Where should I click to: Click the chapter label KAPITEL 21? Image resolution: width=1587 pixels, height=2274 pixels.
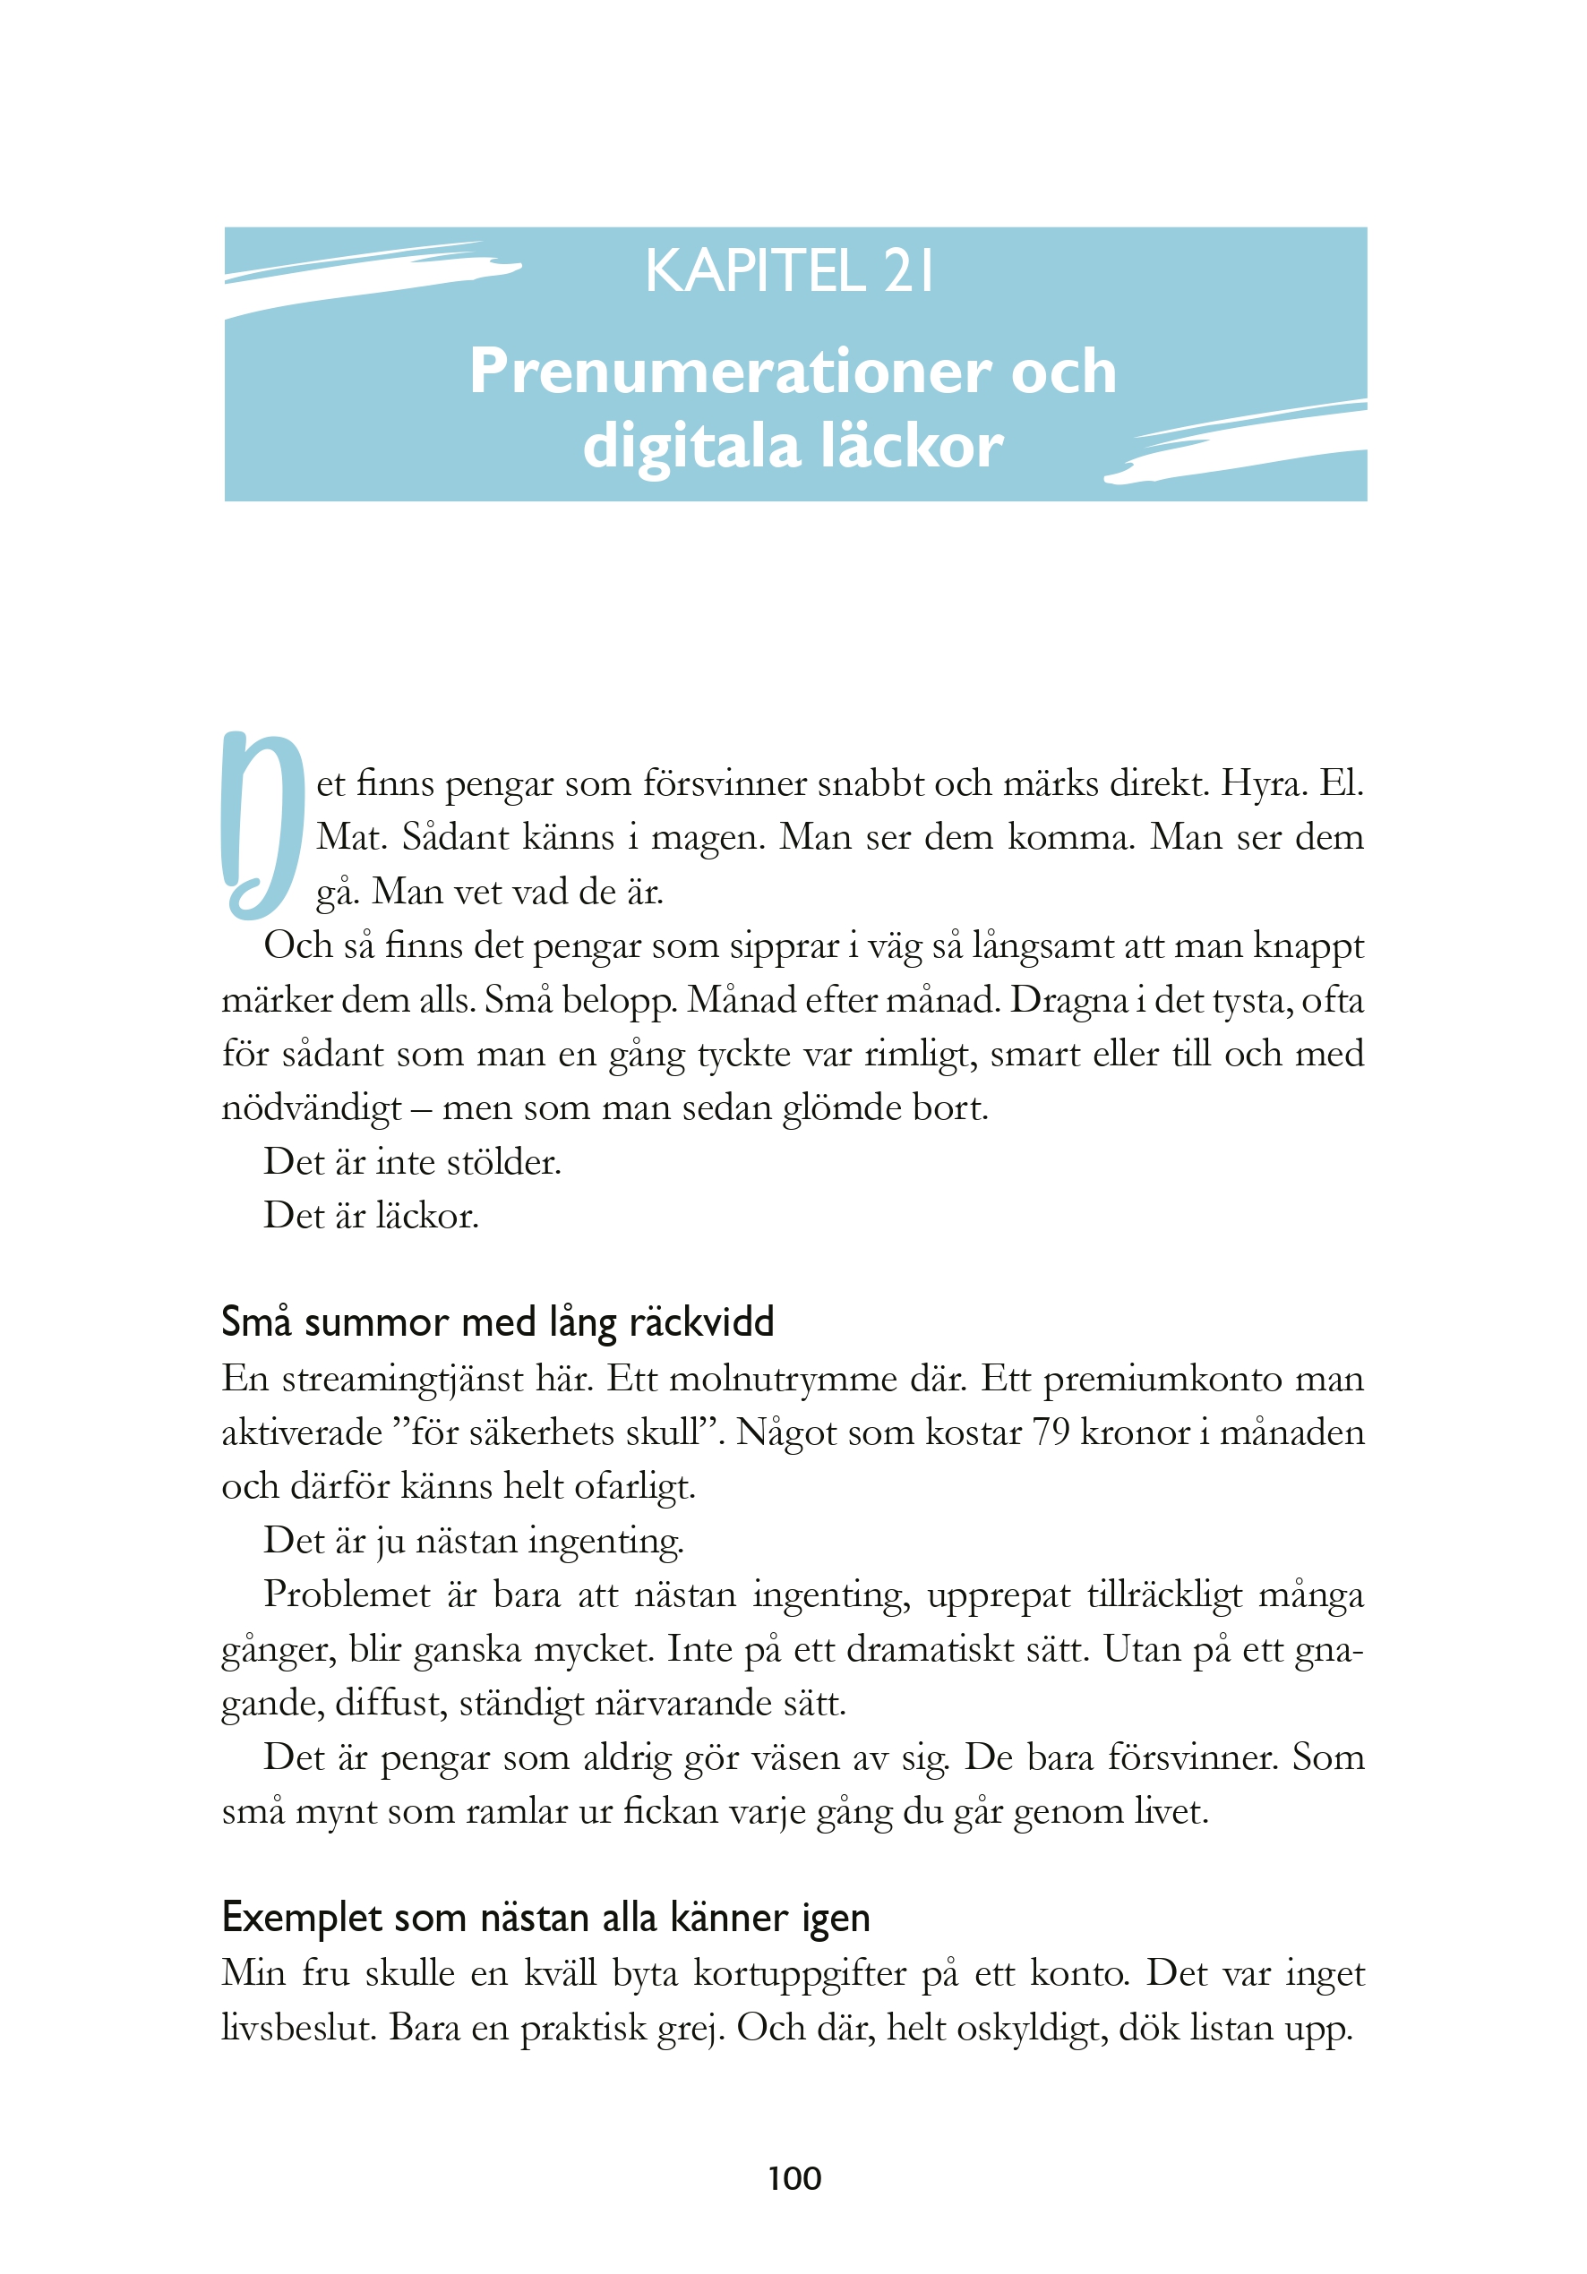(790, 270)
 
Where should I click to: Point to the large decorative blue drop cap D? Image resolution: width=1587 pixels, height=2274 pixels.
(262, 824)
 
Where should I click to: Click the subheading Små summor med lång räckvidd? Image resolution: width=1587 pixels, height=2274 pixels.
(497, 1322)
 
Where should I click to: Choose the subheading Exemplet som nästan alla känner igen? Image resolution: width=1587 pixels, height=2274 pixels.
(545, 1918)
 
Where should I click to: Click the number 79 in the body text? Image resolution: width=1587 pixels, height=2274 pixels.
(1050, 1432)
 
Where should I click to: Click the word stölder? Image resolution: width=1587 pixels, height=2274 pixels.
(503, 1162)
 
